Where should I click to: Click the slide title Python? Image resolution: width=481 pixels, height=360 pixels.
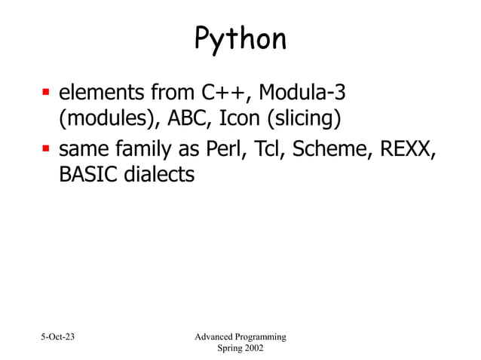(240, 40)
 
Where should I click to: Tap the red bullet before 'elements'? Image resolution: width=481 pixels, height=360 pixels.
(44, 96)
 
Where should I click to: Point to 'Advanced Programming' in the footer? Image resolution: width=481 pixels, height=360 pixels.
(240, 336)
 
